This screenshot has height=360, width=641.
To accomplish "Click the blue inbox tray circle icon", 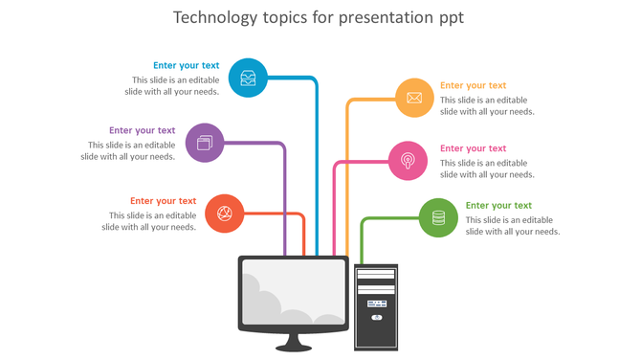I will pos(249,78).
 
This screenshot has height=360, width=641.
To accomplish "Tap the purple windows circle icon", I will pos(205,143).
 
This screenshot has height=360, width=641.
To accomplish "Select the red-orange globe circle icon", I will pos(225,214).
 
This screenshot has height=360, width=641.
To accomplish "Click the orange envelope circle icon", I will pos(414,98).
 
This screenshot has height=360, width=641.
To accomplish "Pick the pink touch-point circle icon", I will pos(408,160).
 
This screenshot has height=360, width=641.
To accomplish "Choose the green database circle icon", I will pos(438,217).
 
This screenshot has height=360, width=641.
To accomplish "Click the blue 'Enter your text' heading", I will pos(186,66).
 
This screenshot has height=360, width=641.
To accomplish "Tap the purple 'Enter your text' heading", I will pos(142,130).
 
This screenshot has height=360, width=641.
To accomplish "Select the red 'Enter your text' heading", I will pos(163,201).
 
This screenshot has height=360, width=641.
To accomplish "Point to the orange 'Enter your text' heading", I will pos(473,85).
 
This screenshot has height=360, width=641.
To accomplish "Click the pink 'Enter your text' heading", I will pos(473,148).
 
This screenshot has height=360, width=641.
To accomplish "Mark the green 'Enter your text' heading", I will pos(498,205).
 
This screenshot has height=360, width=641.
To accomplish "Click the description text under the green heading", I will pos(512,226).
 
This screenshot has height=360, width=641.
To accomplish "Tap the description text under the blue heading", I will pos(176,86).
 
